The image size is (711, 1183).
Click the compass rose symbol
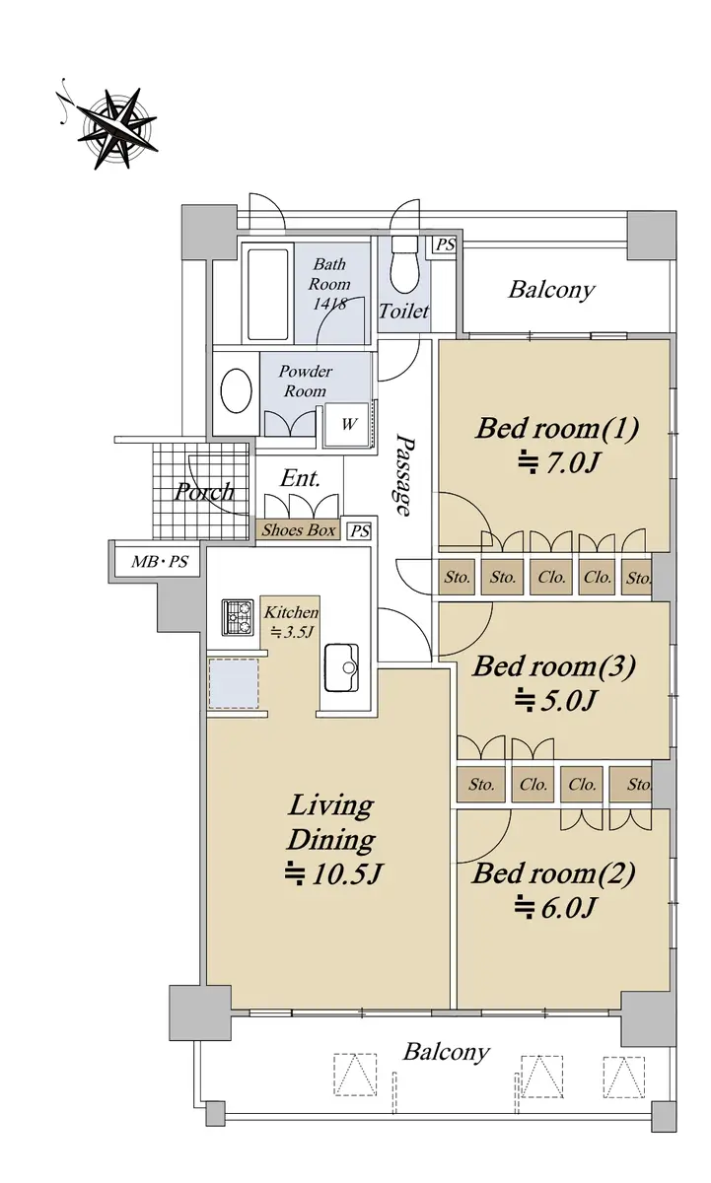[116, 128]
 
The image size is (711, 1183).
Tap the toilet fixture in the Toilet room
[404, 263]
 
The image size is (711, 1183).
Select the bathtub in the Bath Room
[267, 294]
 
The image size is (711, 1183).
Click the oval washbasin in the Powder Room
[236, 390]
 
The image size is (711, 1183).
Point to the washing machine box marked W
[347, 424]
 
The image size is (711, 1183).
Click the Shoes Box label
[299, 529]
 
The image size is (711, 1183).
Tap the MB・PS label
[159, 561]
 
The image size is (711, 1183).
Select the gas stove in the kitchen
[238, 617]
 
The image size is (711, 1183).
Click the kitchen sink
[341, 667]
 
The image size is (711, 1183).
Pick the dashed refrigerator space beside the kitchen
[234, 683]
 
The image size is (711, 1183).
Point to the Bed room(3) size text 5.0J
[556, 700]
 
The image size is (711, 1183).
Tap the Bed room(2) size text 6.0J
[555, 908]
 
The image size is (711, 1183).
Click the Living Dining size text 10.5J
[332, 873]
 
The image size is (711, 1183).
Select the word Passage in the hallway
[405, 475]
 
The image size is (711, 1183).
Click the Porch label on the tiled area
[204, 492]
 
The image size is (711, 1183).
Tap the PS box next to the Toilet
[445, 245]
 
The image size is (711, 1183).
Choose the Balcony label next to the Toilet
[551, 290]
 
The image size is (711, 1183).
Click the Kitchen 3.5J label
[291, 622]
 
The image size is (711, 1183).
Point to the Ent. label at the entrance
[300, 478]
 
